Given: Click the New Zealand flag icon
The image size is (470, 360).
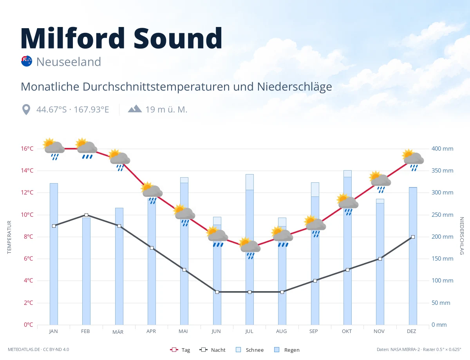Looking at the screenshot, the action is (27, 61).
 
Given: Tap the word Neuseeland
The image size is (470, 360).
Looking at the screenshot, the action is (69, 62).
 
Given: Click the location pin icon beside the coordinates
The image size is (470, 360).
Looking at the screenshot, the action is (26, 110).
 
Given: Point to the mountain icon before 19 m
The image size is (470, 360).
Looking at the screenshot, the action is (135, 109).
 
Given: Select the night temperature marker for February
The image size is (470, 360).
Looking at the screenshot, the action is (86, 215).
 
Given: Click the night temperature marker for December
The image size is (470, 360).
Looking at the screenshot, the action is (413, 237).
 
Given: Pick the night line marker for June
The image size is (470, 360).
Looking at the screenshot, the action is (217, 292).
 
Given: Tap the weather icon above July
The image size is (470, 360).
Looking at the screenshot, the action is (250, 248).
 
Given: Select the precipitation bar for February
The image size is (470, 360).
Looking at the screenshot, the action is (86, 271).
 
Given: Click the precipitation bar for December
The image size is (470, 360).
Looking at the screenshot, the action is (413, 256).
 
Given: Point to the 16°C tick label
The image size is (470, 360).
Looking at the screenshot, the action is (27, 149).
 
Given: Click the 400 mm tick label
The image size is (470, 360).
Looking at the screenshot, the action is (442, 149).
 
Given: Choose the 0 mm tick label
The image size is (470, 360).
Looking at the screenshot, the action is (439, 324).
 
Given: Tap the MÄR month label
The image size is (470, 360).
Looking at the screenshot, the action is (118, 332).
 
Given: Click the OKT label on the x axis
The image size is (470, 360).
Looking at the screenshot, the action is (347, 331).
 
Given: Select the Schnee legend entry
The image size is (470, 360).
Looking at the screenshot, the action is (250, 350).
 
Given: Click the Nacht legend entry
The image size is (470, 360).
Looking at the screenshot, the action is (212, 350).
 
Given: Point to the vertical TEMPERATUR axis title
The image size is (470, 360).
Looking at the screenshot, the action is (9, 237).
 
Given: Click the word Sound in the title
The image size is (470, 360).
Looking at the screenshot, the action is (178, 38).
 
